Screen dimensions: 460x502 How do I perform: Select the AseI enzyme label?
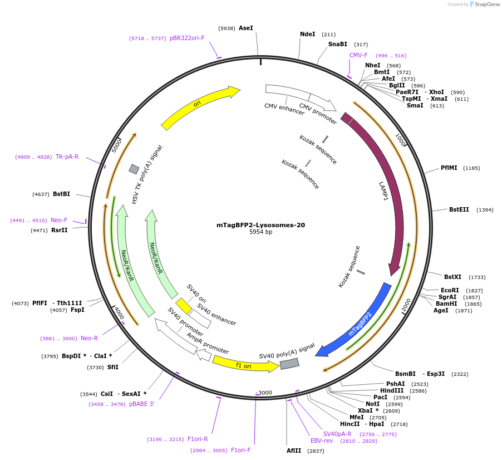click(245, 28)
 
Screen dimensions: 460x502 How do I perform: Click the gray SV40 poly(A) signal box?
click(289, 363)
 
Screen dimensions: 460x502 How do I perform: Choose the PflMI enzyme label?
click(449, 168)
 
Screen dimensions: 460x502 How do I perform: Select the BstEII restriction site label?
click(459, 209)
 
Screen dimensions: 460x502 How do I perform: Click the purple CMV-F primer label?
click(358, 55)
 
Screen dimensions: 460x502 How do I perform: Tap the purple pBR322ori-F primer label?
click(187, 38)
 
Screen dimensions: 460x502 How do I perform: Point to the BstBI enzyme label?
click(61, 194)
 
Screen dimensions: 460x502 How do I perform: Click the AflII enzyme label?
click(293, 451)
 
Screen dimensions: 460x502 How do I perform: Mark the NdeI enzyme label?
click(307, 34)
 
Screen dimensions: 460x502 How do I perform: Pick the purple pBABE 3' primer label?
click(141, 404)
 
